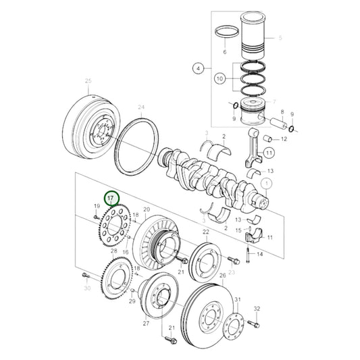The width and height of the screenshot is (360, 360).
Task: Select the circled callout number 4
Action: click(x=198, y=68)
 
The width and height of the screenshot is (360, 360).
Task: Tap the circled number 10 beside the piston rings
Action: click(x=218, y=79)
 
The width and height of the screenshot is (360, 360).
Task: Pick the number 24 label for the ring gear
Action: click(x=140, y=107)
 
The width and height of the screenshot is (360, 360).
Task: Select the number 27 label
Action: click(x=145, y=324)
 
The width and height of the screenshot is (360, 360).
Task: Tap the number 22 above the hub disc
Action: click(x=205, y=232)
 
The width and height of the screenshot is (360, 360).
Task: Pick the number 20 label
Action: click(x=147, y=210)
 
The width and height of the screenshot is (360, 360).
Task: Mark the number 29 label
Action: click(x=132, y=301)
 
